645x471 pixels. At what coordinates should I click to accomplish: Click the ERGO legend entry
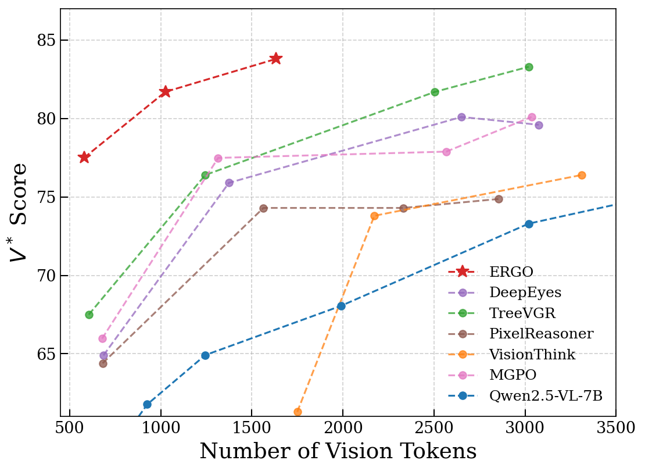point(511,272)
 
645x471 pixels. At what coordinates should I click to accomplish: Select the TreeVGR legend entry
point(522,313)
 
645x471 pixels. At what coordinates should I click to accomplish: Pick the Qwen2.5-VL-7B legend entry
point(546,396)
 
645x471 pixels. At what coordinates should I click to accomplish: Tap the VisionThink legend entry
point(532,355)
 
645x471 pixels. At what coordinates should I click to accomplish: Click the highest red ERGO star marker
point(275,58)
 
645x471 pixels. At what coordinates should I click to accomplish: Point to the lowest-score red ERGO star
point(84,157)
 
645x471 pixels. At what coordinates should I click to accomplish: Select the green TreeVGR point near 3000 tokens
point(529,67)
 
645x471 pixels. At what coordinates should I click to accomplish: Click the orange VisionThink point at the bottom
point(298,412)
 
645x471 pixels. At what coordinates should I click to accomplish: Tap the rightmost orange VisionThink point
point(582,175)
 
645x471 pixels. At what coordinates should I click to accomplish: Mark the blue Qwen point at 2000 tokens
point(341,306)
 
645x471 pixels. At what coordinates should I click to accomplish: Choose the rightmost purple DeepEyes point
point(539,125)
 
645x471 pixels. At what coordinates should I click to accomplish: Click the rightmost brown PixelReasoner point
point(499,199)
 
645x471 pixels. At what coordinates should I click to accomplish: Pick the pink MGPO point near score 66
point(102,338)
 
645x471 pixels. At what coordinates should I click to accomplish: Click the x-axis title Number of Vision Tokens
point(338,452)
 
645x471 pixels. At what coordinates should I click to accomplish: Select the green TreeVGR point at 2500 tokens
point(435,92)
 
